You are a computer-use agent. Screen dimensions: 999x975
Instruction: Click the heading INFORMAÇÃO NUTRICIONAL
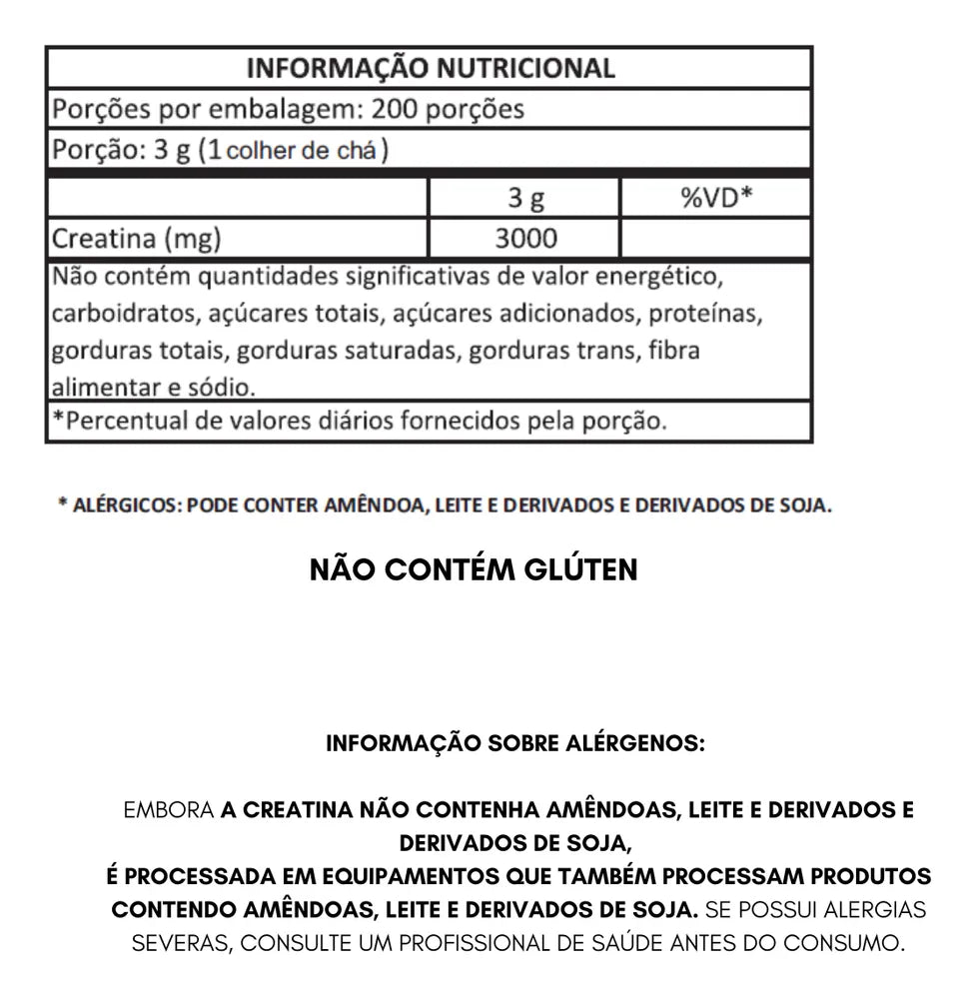pos(430,68)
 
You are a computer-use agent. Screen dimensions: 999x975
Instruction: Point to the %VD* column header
pos(715,197)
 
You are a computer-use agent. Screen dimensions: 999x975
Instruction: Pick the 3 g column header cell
pos(524,198)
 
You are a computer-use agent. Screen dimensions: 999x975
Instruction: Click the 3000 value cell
pos(525,240)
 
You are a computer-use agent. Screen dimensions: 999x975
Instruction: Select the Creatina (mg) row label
pos(136,240)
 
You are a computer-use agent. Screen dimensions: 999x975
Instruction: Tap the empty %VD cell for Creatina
pos(715,240)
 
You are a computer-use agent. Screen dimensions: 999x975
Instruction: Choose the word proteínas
pos(706,313)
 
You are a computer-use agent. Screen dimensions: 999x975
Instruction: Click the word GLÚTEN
pos(580,569)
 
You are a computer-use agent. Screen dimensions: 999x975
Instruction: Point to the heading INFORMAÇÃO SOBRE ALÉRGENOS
pos(515,744)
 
